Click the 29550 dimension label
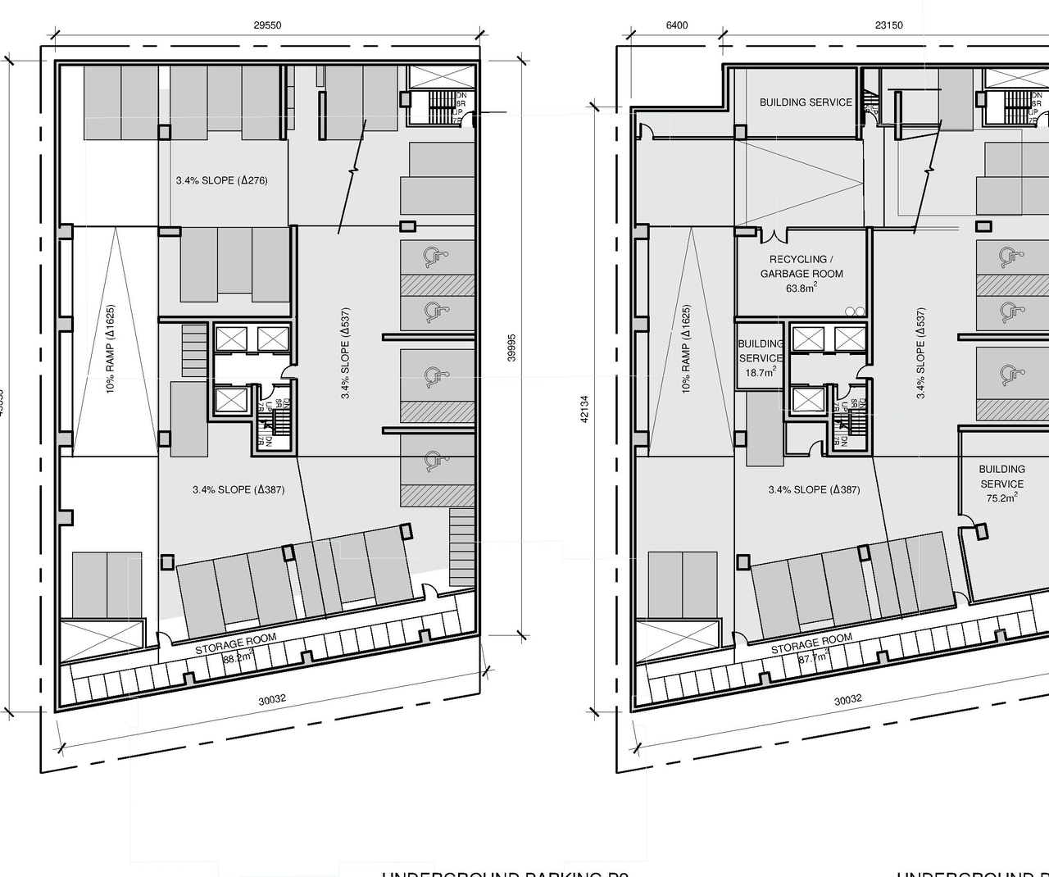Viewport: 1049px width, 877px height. [x=267, y=25]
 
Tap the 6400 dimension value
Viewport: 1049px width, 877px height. [x=677, y=25]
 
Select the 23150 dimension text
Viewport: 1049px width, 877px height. [x=888, y=25]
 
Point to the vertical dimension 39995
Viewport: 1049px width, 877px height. [x=512, y=348]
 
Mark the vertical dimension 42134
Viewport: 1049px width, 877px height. [x=584, y=409]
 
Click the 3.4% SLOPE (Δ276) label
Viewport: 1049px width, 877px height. [x=221, y=180]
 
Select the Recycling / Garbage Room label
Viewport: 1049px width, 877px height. [x=801, y=266]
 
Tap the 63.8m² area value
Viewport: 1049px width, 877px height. [x=801, y=289]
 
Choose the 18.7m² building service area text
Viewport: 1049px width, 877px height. [x=760, y=373]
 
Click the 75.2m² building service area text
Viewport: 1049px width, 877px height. [x=1001, y=498]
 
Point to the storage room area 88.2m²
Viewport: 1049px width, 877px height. [x=238, y=657]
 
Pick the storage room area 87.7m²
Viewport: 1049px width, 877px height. [x=814, y=657]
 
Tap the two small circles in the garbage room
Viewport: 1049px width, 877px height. [x=855, y=311]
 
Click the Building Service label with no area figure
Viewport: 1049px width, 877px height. [x=805, y=102]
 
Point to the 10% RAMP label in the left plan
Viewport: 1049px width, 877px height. [x=111, y=349]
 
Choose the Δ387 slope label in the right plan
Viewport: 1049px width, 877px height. [x=814, y=490]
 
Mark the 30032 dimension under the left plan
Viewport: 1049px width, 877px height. [x=272, y=700]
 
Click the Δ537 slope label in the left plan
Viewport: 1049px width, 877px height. [x=346, y=353]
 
